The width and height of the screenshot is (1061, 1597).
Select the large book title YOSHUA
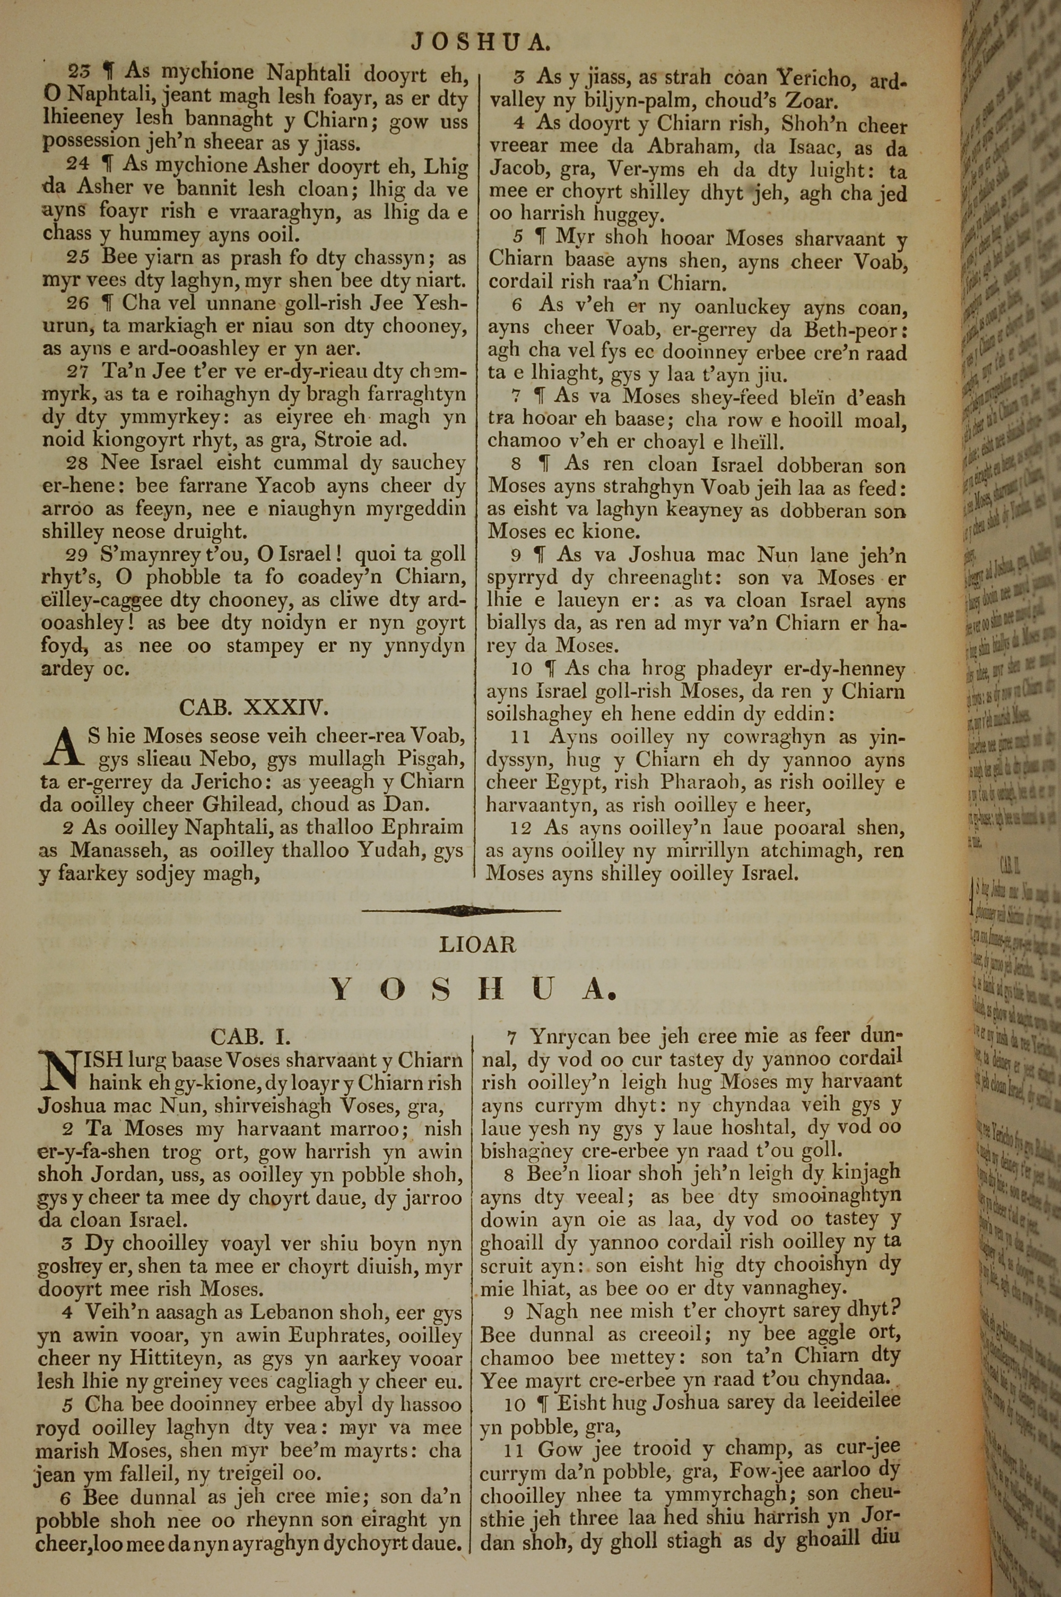[474, 990]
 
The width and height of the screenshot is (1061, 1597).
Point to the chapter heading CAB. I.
[250, 1036]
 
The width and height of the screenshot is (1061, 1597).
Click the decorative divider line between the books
[461, 911]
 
